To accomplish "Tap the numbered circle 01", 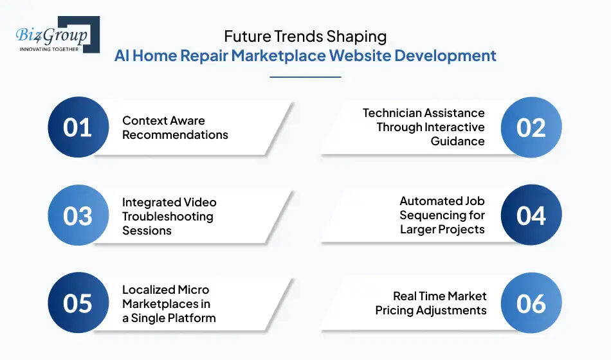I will [x=78, y=127].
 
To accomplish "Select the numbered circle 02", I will [x=531, y=127].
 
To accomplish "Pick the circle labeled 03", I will [x=78, y=216].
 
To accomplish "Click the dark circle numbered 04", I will [x=531, y=216].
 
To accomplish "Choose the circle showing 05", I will [x=78, y=303].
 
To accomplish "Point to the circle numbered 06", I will [x=531, y=303].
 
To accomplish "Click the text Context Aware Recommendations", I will [x=175, y=128].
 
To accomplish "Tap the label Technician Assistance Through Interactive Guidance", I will [x=424, y=127].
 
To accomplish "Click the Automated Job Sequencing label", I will [x=442, y=215].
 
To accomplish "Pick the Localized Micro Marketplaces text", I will [x=169, y=303].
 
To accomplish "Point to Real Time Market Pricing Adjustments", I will [x=431, y=303].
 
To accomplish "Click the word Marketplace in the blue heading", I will [x=278, y=55].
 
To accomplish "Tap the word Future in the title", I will [x=248, y=36].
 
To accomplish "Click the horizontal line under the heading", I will [x=305, y=77].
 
